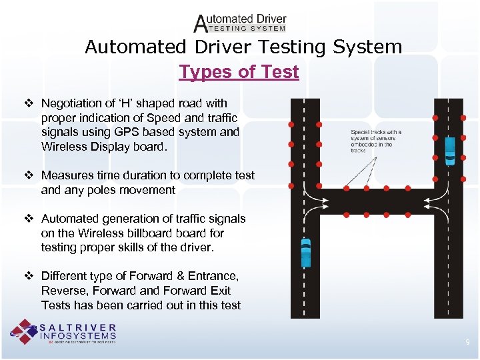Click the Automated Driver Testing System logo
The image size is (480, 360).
coord(240,23)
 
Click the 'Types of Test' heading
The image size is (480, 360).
coord(239,72)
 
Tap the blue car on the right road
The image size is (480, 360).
coord(450,151)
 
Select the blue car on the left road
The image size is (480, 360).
coord(305,252)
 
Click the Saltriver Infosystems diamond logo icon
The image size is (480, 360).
coord(24,332)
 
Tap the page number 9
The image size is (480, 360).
coord(467,342)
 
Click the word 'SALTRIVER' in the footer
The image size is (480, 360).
coord(78,328)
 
